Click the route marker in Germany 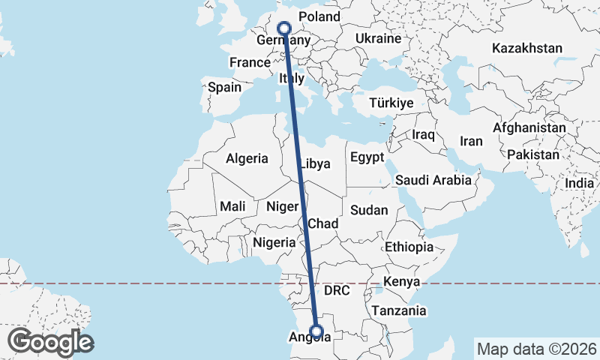click(284, 28)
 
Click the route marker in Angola click(316, 331)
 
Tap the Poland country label click(319, 16)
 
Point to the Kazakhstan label click(526, 48)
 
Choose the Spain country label click(224, 87)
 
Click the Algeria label click(247, 158)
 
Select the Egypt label click(367, 157)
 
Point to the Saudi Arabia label click(433, 180)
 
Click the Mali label click(232, 205)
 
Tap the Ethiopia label click(409, 247)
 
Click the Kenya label click(400, 282)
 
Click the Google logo click(50, 342)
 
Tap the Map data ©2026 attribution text click(535, 349)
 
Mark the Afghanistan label click(529, 128)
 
